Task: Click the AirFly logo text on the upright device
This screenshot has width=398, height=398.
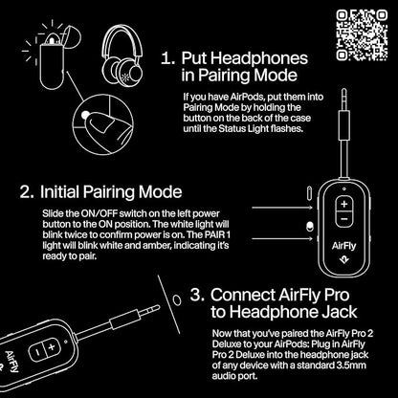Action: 342,270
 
